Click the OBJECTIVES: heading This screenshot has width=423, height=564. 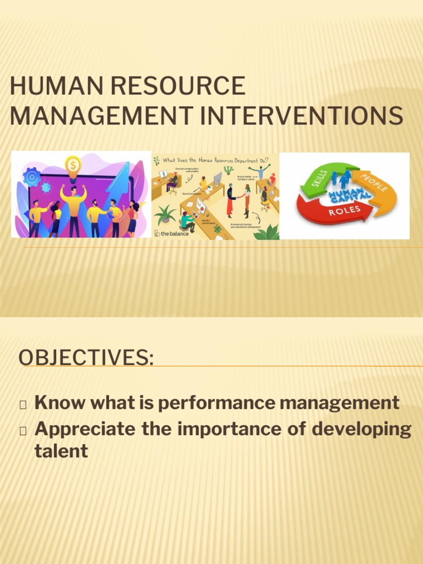[86, 357]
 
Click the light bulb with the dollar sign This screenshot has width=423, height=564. [73, 165]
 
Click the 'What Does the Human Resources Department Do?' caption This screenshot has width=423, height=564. [215, 160]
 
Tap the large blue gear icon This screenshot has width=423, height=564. [31, 177]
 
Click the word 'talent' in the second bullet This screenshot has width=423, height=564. [61, 451]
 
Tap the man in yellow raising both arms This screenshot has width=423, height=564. [74, 207]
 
